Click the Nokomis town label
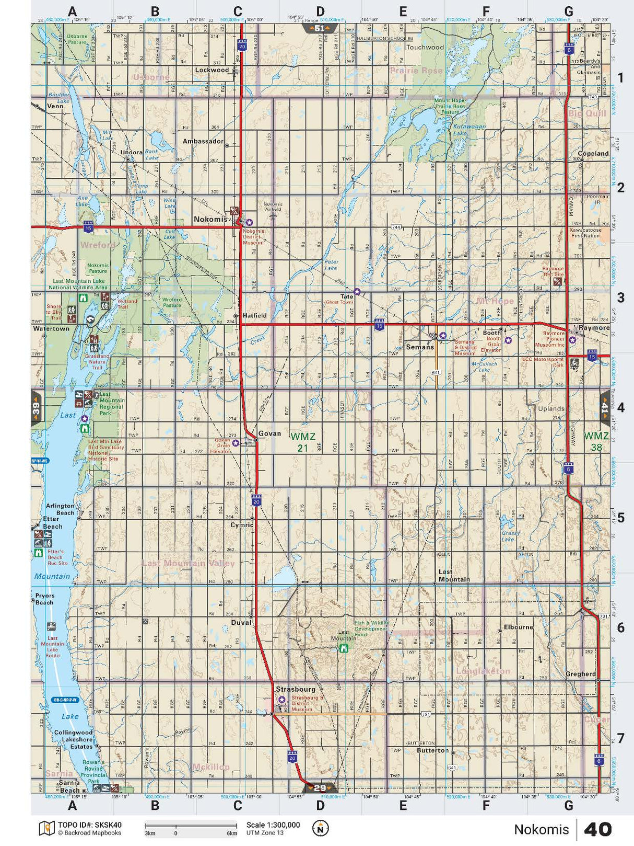click(x=210, y=220)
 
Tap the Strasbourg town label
click(x=296, y=689)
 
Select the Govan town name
click(x=269, y=433)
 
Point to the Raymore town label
click(x=594, y=328)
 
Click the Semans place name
click(x=420, y=347)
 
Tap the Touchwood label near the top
click(x=425, y=47)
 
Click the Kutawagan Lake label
click(x=469, y=130)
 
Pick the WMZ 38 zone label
click(x=596, y=441)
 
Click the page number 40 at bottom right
click(x=597, y=829)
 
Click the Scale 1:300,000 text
click(x=273, y=825)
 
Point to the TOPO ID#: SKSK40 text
click(x=89, y=825)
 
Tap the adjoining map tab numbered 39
click(x=36, y=408)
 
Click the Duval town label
click(x=241, y=622)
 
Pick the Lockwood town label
click(x=212, y=70)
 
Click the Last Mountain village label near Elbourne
click(x=453, y=576)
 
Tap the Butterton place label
click(x=432, y=750)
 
